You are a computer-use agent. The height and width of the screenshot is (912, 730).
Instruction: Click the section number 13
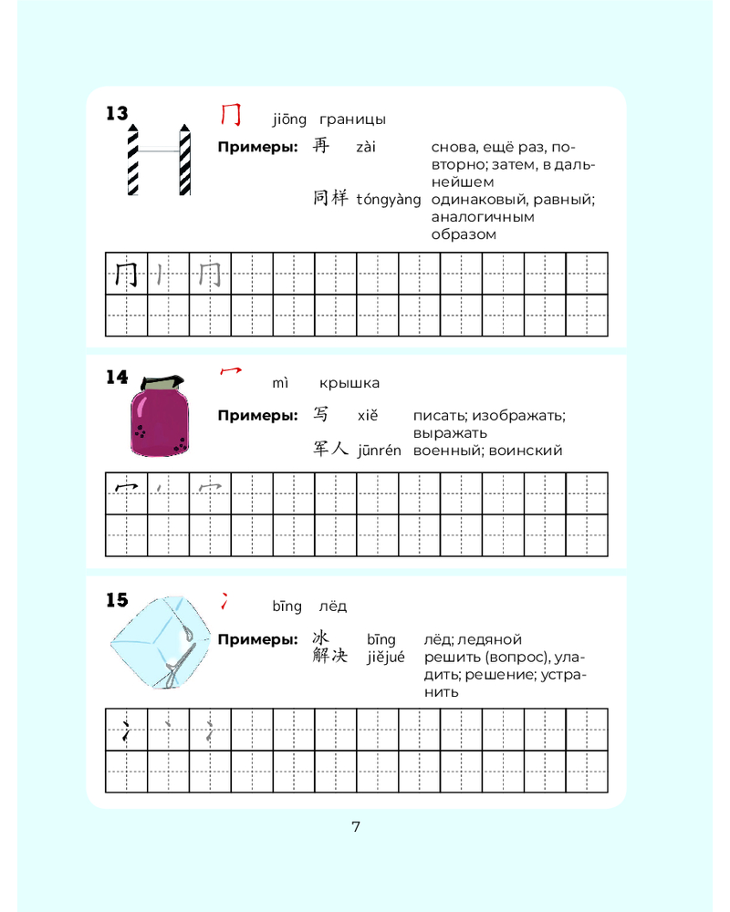pos(117,113)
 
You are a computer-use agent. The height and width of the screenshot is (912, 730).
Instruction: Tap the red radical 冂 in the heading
pos(231,114)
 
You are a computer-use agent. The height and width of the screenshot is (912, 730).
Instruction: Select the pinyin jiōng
pos(289,119)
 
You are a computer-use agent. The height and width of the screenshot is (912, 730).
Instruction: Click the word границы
pos(352,119)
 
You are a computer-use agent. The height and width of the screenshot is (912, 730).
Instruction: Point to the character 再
pos(321,145)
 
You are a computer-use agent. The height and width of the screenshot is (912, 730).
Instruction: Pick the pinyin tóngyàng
pos(389,200)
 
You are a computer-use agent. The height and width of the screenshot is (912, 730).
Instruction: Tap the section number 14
pos(117,377)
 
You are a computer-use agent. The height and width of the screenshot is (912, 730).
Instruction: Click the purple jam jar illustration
pos(160,416)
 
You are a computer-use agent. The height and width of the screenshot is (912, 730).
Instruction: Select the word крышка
pos(349,383)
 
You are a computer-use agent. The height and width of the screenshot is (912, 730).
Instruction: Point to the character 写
pos(321,413)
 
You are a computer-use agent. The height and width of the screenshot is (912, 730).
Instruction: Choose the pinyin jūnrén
pos(379,451)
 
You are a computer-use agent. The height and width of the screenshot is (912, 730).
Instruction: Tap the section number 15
pos(117,600)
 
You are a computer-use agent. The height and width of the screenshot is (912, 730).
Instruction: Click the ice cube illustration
pos(161,642)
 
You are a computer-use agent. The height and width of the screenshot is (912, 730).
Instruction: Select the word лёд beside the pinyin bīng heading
pos(333,606)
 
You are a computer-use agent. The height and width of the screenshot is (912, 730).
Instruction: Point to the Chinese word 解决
pos(330,656)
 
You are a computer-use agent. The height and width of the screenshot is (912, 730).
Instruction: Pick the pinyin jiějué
pos(385,658)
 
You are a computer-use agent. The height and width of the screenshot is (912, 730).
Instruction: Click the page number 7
pos(356,826)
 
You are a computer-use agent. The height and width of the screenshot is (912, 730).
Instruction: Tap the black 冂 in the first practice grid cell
pos(126,274)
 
